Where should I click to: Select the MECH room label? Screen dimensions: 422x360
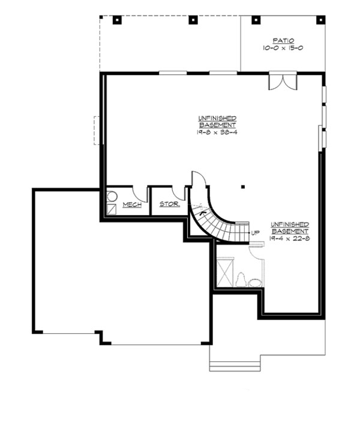coord(132,205)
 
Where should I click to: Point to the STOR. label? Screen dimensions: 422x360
coord(169,204)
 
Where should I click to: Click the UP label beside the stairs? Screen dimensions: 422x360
coord(255,233)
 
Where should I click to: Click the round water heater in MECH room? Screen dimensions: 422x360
coord(112,196)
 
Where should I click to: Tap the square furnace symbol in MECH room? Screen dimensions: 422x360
coord(112,209)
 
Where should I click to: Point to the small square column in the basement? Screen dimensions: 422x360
coord(242,186)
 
